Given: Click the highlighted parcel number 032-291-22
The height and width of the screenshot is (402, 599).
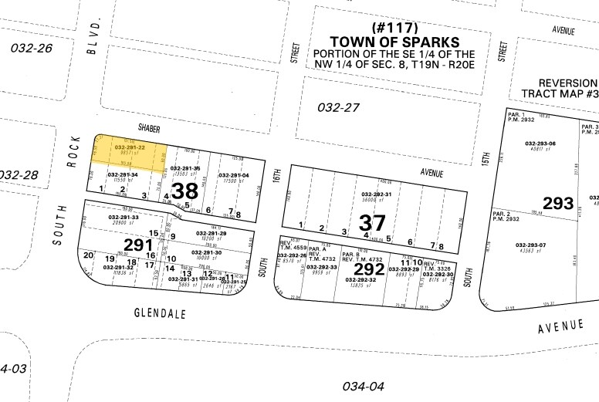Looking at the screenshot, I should (x=130, y=147).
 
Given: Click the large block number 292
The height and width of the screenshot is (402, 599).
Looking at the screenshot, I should (x=368, y=270).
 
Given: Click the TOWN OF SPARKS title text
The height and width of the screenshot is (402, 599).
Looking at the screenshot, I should (x=394, y=42).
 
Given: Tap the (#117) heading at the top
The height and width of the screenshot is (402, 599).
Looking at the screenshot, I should (x=394, y=27).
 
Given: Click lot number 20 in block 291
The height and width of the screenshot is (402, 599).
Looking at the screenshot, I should (x=88, y=255).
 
